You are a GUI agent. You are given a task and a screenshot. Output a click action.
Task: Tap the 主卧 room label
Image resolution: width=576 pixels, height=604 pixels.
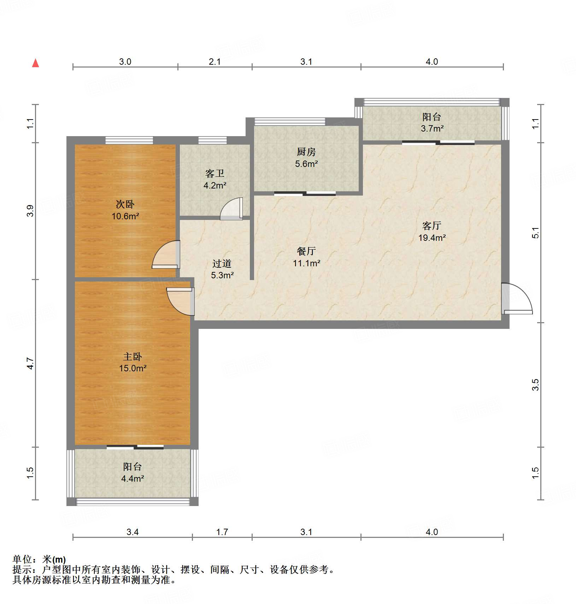(x=133, y=356)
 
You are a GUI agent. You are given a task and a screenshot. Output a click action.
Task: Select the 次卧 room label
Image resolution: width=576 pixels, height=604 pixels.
(x=125, y=204)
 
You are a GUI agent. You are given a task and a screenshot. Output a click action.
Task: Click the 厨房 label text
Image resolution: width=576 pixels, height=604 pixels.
(x=306, y=152)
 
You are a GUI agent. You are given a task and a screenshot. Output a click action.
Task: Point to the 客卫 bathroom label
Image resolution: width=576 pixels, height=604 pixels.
(x=215, y=173)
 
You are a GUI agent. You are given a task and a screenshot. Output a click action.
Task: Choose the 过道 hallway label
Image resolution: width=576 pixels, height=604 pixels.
(x=222, y=263)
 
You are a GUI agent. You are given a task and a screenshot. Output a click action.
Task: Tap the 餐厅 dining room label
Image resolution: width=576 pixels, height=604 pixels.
(x=306, y=251)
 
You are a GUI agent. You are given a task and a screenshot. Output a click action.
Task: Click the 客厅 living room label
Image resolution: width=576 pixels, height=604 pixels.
(x=432, y=226)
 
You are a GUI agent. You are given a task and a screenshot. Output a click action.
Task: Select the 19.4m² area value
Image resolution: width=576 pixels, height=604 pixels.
(x=432, y=238)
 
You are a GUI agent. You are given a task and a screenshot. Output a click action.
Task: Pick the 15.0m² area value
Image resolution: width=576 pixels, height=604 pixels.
(x=133, y=368)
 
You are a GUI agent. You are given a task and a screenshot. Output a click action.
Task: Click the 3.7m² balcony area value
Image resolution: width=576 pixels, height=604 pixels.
(x=432, y=129)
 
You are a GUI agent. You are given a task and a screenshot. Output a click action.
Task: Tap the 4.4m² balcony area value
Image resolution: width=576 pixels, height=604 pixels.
(x=133, y=479)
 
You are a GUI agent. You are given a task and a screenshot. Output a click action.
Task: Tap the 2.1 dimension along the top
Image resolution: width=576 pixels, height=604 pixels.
(x=214, y=62)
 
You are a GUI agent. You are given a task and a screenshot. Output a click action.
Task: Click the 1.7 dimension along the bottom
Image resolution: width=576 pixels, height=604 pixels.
(x=222, y=532)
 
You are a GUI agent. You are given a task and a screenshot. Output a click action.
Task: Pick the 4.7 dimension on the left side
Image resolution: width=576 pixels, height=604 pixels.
(x=31, y=364)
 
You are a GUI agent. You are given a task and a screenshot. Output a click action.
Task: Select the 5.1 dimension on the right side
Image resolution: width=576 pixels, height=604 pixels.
(x=535, y=233)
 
